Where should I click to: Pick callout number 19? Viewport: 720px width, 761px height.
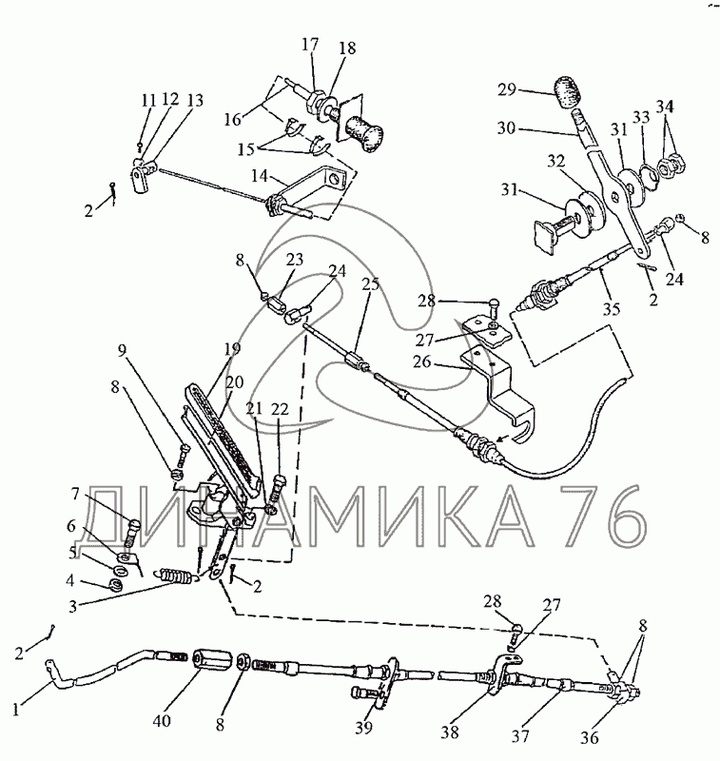tap(232, 349)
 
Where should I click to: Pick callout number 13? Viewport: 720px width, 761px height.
tap(195, 100)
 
